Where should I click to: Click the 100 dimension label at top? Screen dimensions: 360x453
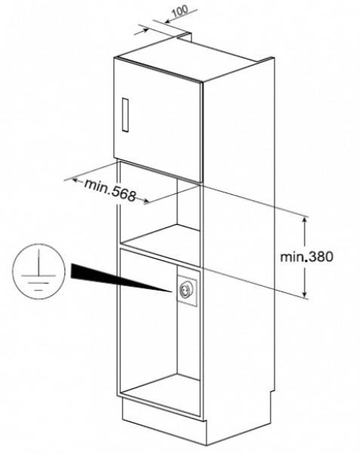click(x=180, y=10)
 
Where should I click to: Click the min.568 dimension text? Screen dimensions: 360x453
click(x=109, y=190)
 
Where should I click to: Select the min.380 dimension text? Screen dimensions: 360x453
click(x=306, y=257)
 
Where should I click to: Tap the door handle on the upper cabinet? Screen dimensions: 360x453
click(x=125, y=115)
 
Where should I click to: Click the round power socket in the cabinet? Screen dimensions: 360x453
click(x=185, y=291)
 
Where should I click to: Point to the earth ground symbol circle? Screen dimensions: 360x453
click(x=38, y=272)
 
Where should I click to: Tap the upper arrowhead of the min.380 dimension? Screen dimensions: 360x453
click(x=305, y=220)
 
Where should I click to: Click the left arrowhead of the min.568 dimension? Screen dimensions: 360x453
click(x=75, y=180)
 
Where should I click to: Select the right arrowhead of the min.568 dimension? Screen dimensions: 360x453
click(x=146, y=201)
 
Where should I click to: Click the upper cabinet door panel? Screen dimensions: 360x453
click(x=158, y=120)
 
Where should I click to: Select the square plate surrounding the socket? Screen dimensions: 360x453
click(x=188, y=291)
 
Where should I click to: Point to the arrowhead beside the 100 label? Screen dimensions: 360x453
click(x=168, y=21)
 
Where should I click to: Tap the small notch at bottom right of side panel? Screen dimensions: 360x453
click(x=272, y=395)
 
